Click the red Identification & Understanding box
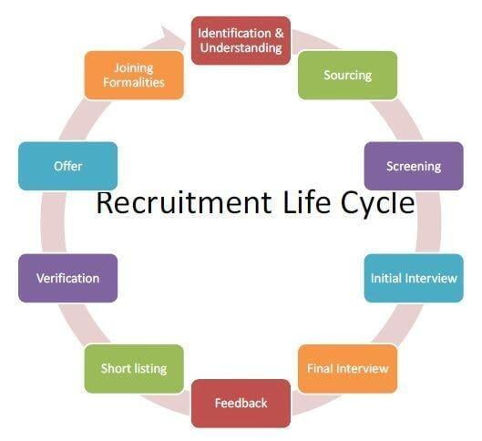241,41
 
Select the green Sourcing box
347,76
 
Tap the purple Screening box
414,166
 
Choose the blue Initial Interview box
414,278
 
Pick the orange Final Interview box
347,368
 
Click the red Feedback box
241,404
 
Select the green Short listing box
134,368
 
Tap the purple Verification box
68,278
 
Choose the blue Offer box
68,166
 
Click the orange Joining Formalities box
134,76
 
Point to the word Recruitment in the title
184,203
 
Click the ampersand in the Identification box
279,33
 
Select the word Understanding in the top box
241,48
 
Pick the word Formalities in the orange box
134,82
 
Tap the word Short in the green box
112,368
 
